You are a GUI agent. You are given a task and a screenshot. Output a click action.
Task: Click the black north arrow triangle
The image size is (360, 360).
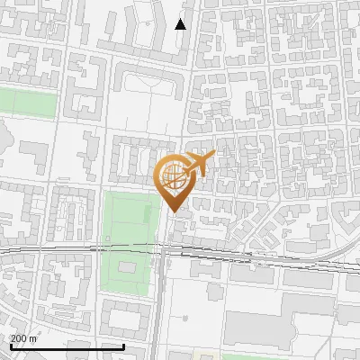pos(180,24)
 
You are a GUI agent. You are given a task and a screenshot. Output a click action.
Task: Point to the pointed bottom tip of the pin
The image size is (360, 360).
pos(174,211)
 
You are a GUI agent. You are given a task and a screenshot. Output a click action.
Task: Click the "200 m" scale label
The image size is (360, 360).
pos(23,338)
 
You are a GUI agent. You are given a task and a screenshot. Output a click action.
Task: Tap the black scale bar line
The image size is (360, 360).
pos(67,346)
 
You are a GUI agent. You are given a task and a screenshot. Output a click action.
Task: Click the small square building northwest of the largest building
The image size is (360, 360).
pos(213,294)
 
